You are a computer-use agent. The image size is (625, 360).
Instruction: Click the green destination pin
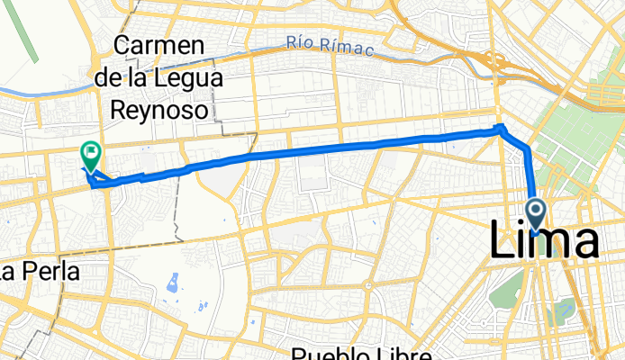[90, 154]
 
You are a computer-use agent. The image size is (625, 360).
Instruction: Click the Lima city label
[544, 243]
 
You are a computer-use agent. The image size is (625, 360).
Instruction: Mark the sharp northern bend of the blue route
[501, 128]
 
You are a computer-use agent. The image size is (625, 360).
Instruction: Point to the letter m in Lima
[549, 245]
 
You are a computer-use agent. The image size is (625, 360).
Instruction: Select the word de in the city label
[122, 78]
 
